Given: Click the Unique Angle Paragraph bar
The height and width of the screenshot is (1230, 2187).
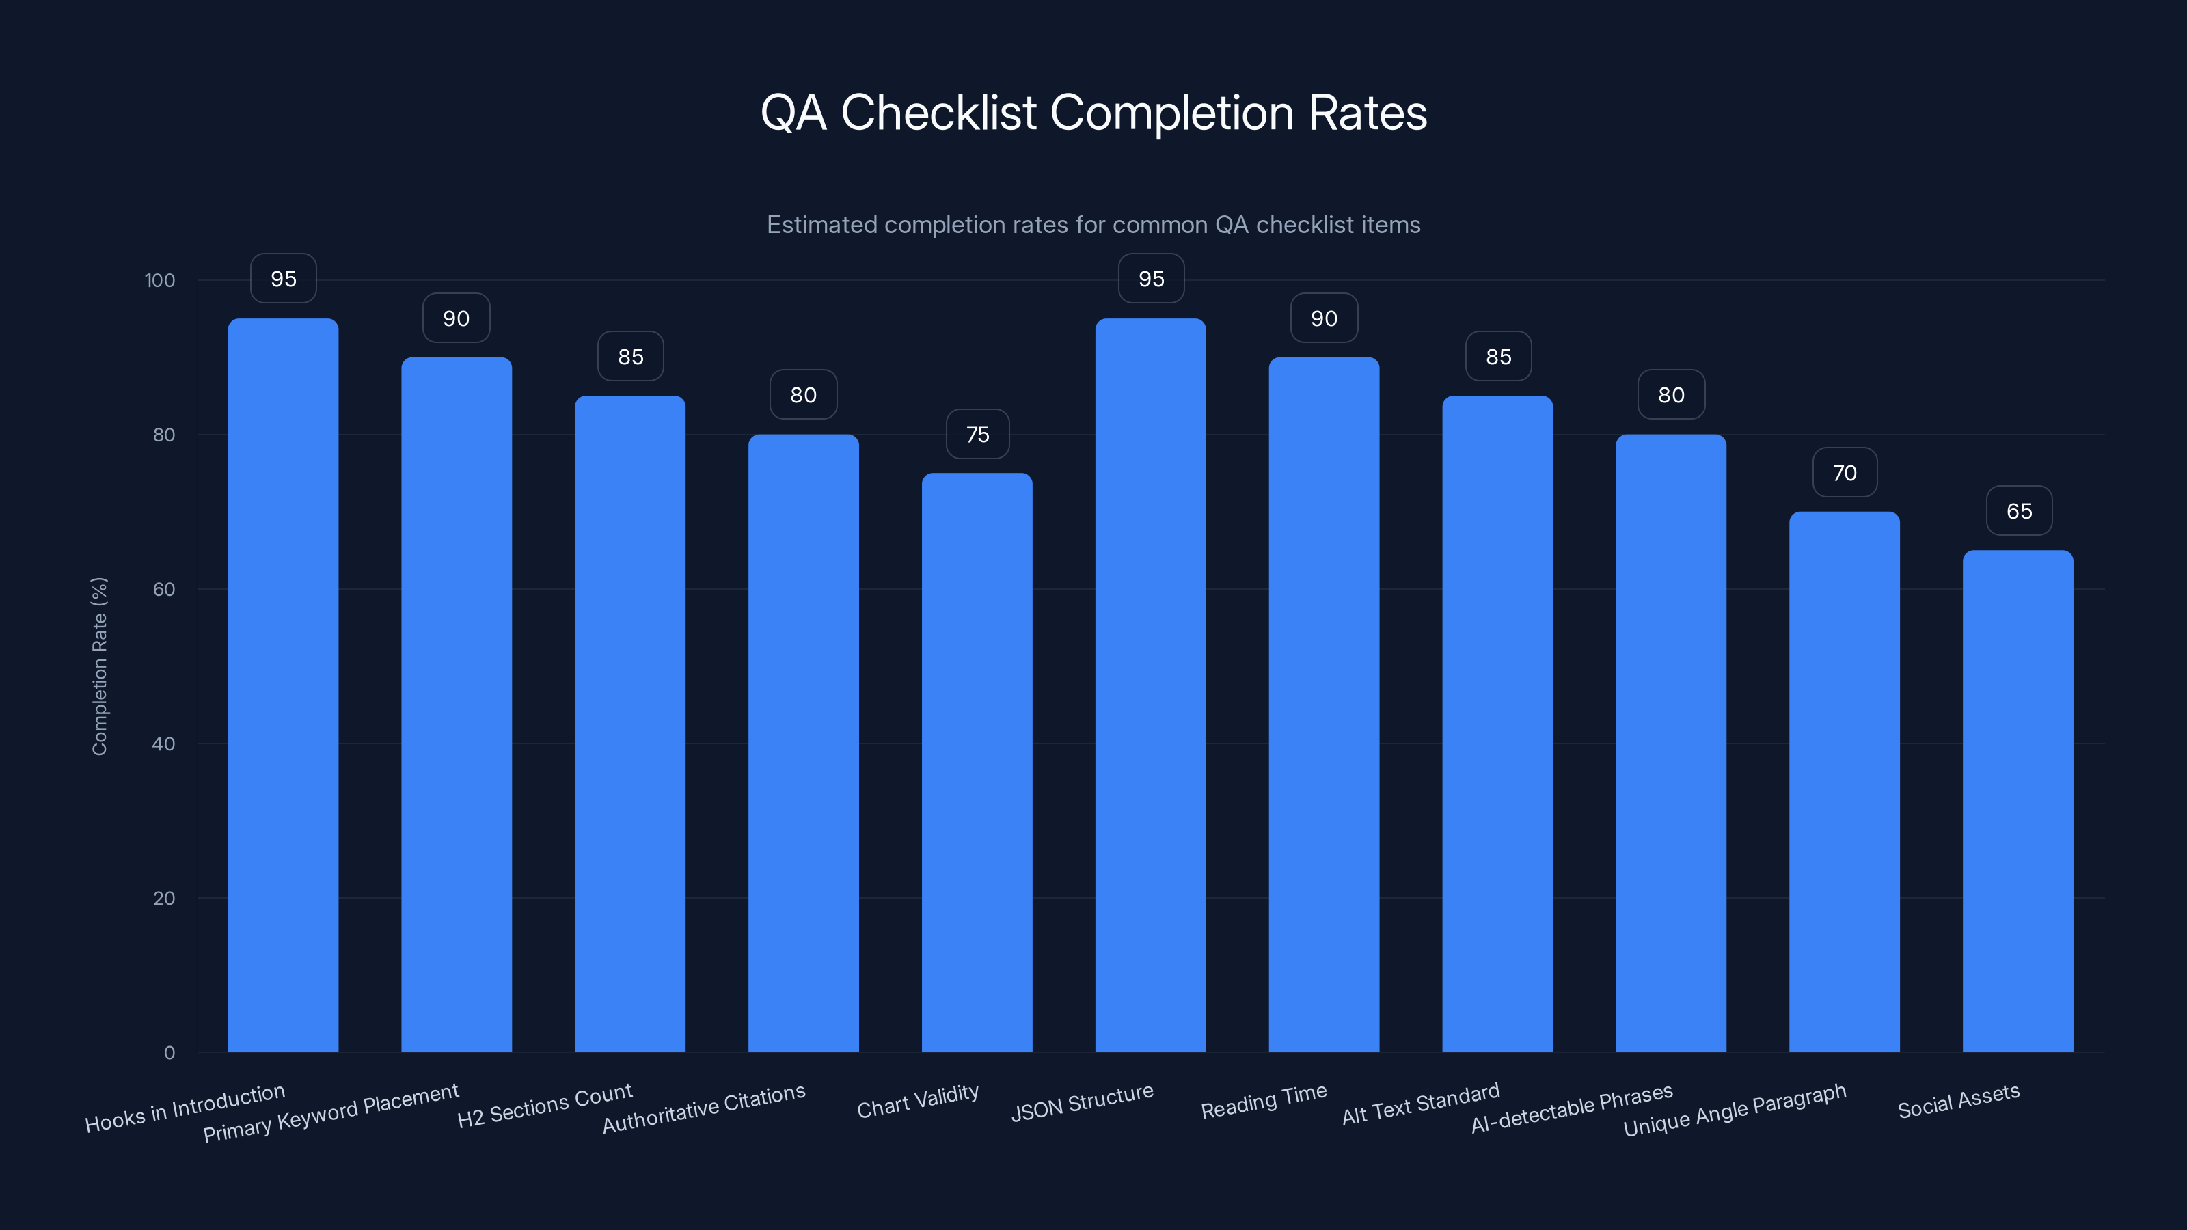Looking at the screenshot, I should pos(1844,781).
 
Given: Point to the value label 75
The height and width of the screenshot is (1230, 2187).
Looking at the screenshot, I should pos(977,435).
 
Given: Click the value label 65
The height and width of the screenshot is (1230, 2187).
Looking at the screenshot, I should pos(2019,511).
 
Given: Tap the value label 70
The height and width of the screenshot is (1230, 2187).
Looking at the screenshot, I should pos(1844,473).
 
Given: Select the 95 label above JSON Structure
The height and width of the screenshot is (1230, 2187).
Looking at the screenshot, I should pos(1150,279).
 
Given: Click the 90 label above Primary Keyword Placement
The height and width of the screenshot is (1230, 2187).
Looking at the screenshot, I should pos(456,318).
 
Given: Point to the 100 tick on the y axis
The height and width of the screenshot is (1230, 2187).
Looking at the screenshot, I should pos(160,281).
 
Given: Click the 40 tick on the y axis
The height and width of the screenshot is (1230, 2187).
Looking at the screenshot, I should pos(164,743).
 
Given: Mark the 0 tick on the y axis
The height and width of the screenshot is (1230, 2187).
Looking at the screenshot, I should pos(169,1052).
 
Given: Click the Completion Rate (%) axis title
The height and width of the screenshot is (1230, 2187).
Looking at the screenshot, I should pos(99,666).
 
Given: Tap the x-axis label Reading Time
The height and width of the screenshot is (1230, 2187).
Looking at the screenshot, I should pos(1263,1101).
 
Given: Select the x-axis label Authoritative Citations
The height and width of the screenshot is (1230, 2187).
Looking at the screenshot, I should pos(704,1108).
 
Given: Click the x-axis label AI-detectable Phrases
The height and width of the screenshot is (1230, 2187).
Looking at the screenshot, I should pos(1571,1108).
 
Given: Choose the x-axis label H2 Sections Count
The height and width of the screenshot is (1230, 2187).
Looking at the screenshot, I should pos(544,1105).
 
